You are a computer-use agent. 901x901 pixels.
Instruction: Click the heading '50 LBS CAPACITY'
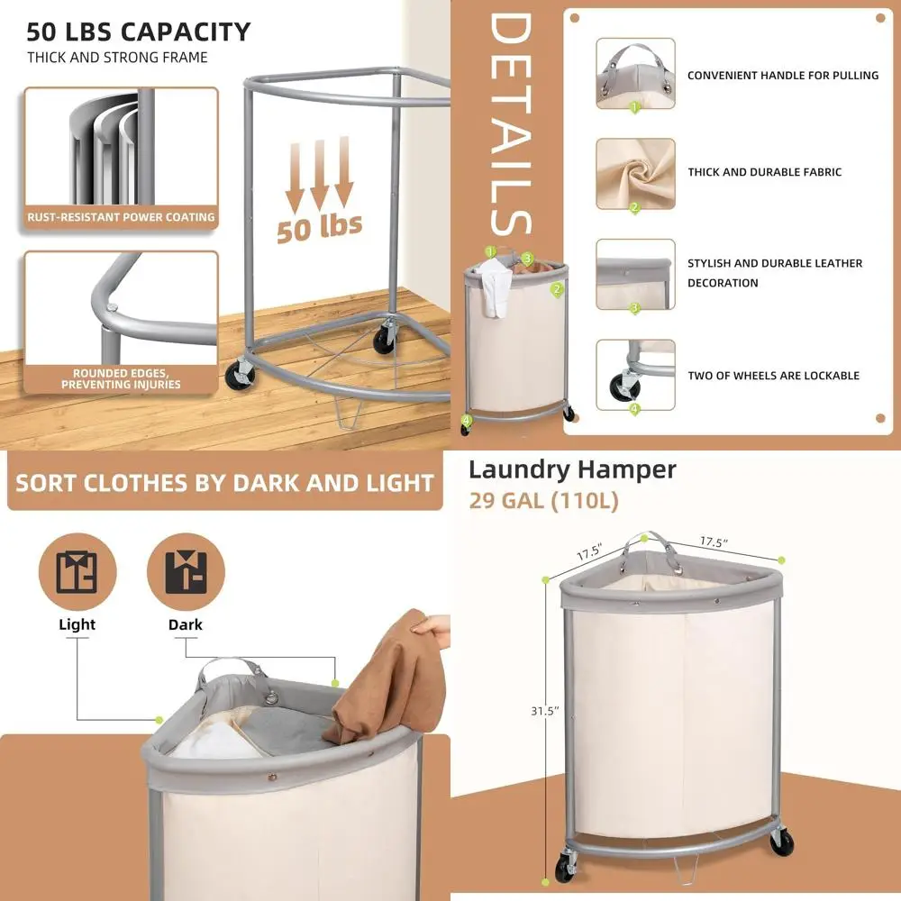pyautogui.click(x=138, y=32)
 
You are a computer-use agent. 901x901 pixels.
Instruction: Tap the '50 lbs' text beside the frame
pyautogui.click(x=319, y=226)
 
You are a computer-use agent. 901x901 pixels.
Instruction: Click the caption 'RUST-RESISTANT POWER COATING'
pyautogui.click(x=121, y=217)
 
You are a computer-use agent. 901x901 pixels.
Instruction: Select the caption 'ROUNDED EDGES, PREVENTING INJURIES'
pyautogui.click(x=121, y=378)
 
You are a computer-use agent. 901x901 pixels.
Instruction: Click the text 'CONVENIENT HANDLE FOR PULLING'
pyautogui.click(x=782, y=76)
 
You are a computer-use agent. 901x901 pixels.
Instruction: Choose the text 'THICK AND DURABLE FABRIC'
pyautogui.click(x=764, y=172)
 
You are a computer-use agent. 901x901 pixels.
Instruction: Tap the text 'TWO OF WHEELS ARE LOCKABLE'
pyautogui.click(x=773, y=376)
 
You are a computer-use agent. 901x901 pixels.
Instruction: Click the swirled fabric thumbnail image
pyautogui.click(x=634, y=172)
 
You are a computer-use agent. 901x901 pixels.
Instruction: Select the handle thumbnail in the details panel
pyautogui.click(x=634, y=73)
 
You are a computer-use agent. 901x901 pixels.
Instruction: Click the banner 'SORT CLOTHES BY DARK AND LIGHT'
pyautogui.click(x=224, y=483)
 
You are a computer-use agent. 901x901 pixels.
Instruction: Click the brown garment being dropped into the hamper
pyautogui.click(x=383, y=676)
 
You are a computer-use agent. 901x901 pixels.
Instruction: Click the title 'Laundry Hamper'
pyautogui.click(x=571, y=469)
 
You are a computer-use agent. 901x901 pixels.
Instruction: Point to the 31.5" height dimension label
pyautogui.click(x=544, y=711)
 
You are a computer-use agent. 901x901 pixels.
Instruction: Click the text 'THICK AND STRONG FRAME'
pyautogui.click(x=117, y=58)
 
